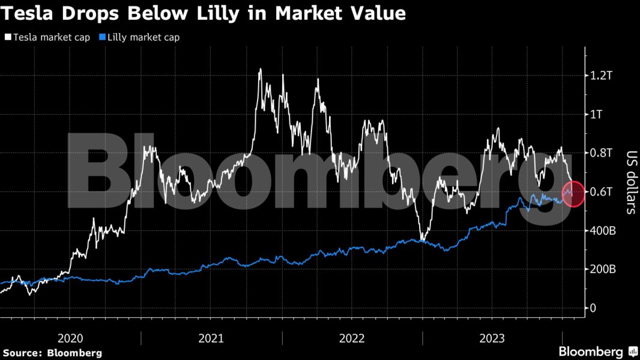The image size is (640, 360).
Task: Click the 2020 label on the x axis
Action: pos(70,338)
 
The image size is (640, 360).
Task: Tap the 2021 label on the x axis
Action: pos(211,338)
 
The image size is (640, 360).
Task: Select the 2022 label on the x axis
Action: pos(352,338)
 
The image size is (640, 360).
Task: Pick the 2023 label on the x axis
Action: pos(492,338)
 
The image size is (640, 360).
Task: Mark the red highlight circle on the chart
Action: pos(573,193)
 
